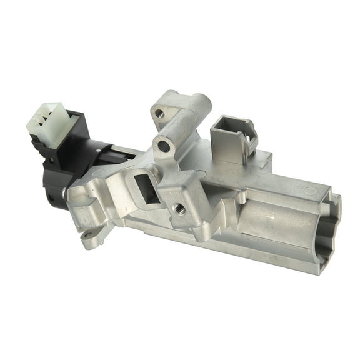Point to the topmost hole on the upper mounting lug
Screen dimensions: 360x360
(x=159, y=114)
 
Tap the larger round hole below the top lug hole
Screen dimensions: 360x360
(x=163, y=146)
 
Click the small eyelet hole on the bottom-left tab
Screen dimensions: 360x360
(x=88, y=236)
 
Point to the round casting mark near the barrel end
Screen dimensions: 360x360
(x=307, y=190)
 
